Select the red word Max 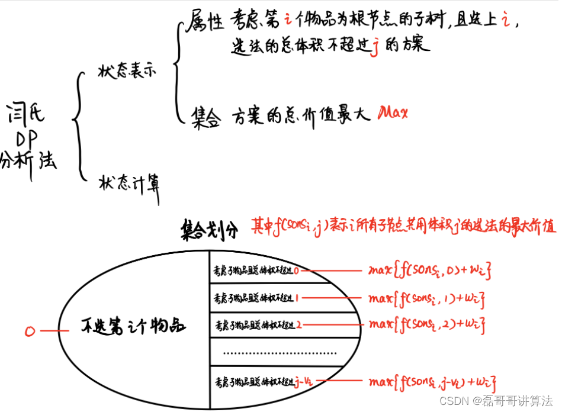(x=393, y=111)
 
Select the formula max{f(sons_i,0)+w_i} (x=429, y=271)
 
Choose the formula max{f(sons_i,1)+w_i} (x=431, y=297)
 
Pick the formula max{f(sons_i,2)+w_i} (x=429, y=324)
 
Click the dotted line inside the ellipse (x=278, y=353)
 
